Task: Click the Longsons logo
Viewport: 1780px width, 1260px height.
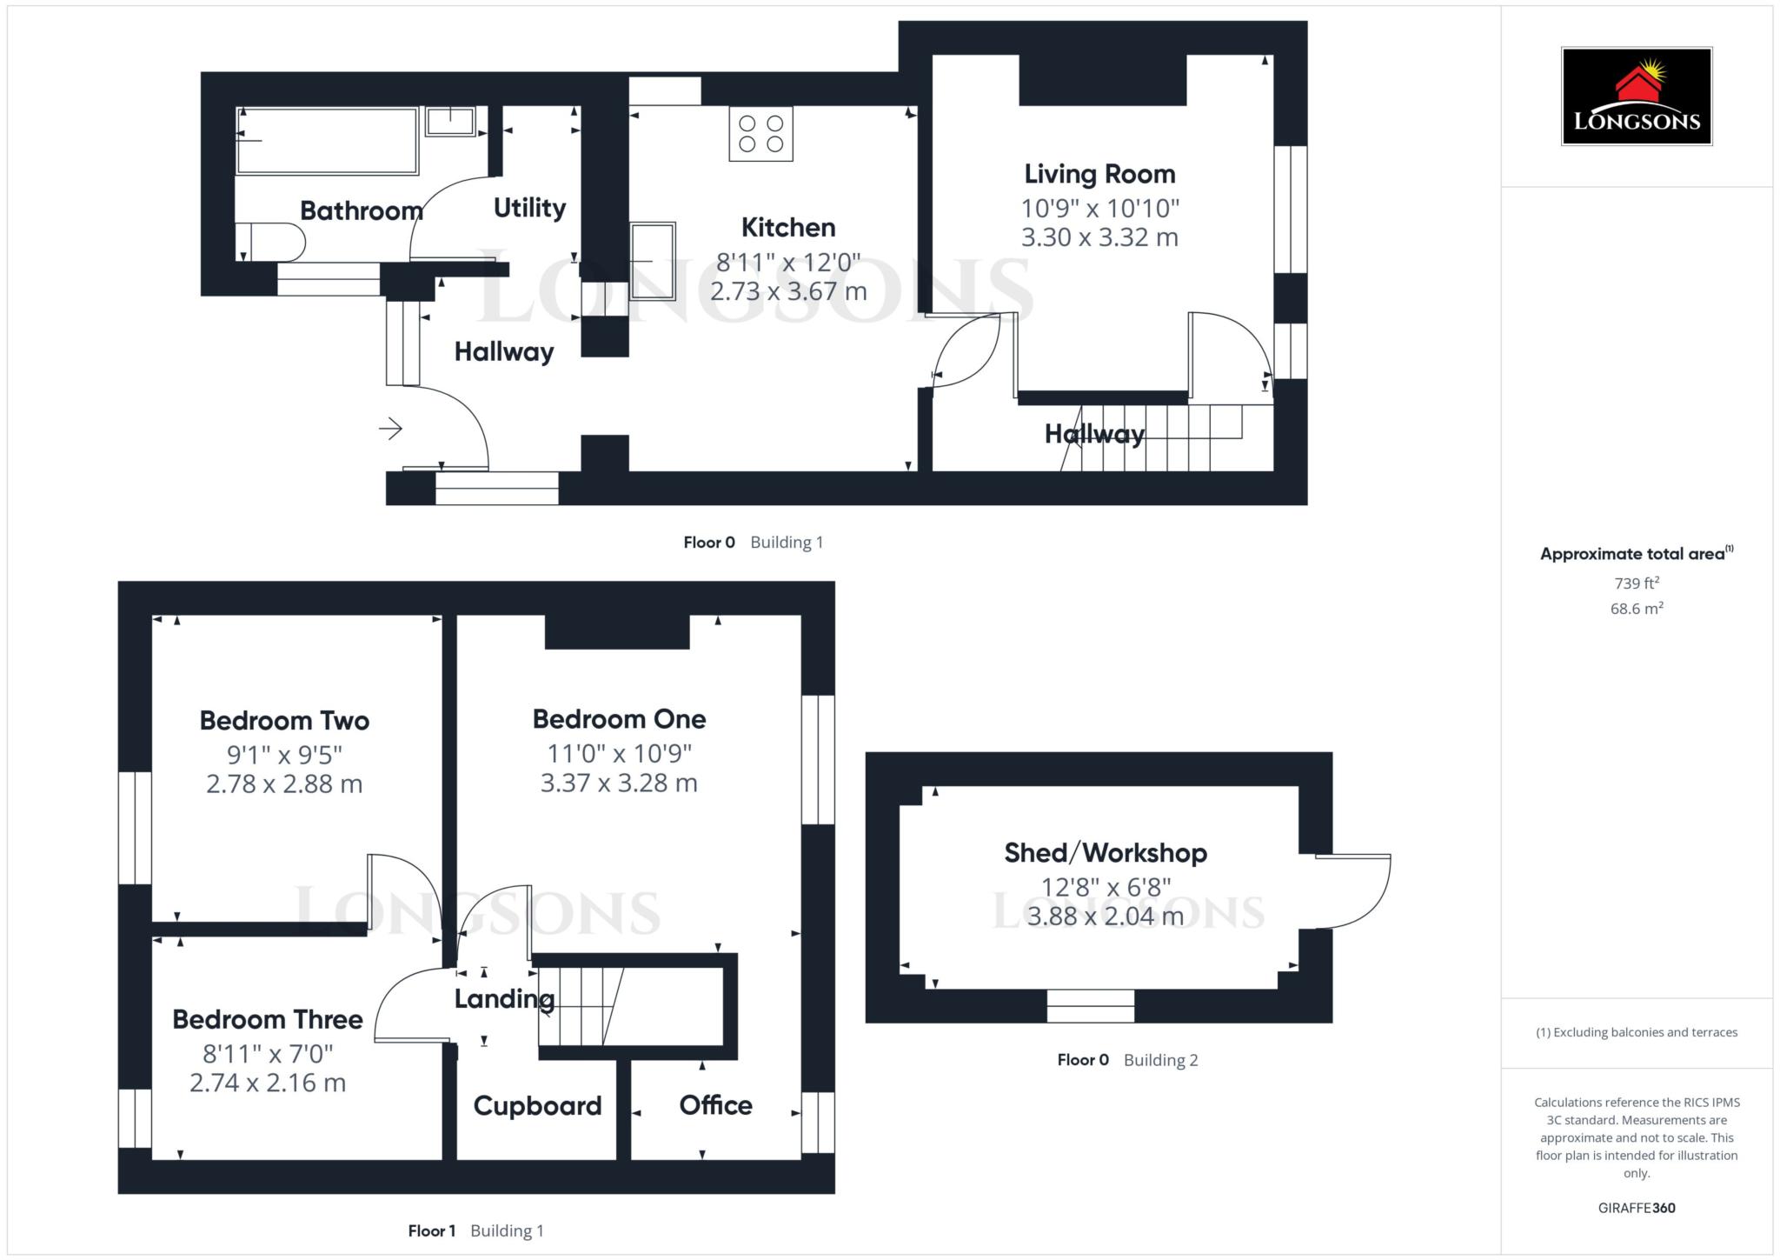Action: (1637, 96)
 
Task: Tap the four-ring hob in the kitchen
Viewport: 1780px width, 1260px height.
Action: (760, 134)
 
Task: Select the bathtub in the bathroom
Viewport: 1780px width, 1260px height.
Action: (328, 141)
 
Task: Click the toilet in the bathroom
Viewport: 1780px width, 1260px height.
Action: (270, 242)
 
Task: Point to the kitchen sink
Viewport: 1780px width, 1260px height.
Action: (653, 261)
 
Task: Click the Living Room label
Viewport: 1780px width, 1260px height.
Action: (1099, 174)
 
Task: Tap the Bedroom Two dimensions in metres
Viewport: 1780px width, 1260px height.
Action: (284, 783)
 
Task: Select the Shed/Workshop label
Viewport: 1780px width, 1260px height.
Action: (1106, 853)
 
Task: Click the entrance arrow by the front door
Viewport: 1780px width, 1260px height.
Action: (390, 428)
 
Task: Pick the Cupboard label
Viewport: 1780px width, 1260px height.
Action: (537, 1105)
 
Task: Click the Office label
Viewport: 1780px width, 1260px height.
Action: (715, 1105)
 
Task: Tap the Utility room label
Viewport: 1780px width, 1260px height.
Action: (529, 208)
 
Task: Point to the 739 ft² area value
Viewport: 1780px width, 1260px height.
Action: (1637, 583)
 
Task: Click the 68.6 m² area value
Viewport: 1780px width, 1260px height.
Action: (1637, 609)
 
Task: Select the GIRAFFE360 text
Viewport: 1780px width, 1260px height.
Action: (1637, 1208)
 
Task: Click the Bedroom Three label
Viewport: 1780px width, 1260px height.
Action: (268, 1019)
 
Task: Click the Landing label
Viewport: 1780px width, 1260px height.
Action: (504, 999)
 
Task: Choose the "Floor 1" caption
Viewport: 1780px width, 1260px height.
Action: (432, 1230)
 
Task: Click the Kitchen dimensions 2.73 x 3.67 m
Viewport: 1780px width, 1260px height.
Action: (788, 291)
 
